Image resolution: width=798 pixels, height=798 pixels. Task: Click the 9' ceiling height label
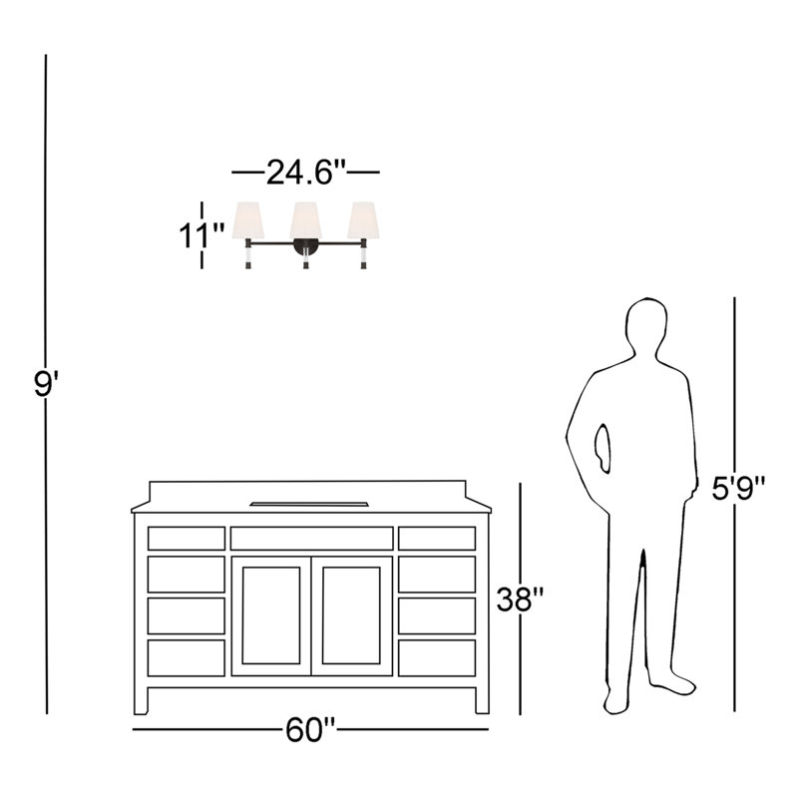46,384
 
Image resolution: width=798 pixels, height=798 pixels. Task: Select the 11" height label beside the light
200,235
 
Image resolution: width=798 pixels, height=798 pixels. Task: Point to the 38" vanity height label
521,599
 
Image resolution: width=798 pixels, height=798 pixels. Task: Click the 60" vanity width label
310,730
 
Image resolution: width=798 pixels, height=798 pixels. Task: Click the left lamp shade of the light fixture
248,220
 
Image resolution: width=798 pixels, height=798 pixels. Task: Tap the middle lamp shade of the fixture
306,220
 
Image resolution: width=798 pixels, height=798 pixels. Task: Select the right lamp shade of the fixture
363,220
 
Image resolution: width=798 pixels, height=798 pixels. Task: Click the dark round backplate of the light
306,246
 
